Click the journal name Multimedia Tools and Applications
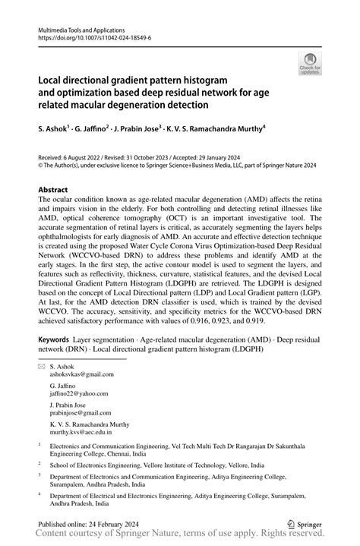pos(83,28)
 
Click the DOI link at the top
pos(88,36)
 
